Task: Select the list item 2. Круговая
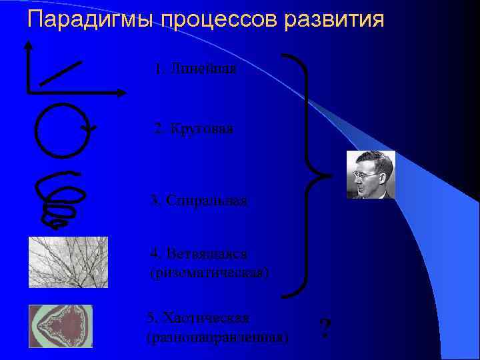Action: coord(193,128)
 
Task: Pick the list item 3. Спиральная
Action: coord(199,200)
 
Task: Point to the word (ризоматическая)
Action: coord(210,272)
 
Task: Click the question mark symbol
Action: coord(325,329)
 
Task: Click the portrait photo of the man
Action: coord(370,175)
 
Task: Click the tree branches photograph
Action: coord(68,262)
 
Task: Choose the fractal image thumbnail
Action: coord(61,326)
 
